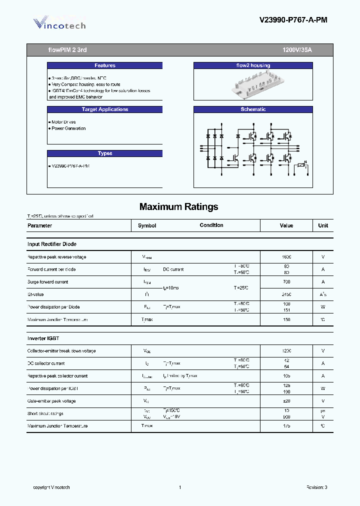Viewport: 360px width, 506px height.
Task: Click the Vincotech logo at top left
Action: point(59,23)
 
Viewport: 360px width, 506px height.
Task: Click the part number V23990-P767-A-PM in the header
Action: point(293,20)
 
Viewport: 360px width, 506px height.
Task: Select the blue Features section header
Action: point(105,65)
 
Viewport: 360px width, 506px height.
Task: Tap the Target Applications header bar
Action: point(105,109)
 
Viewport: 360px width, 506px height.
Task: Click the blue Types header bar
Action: point(105,153)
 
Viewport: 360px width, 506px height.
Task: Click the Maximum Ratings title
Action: point(179,206)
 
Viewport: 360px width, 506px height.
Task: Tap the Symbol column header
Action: point(147,225)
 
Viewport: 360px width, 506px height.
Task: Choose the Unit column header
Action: point(323,225)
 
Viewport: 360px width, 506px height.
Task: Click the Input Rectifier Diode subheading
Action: point(52,244)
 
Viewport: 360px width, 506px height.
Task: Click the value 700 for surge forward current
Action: point(286,282)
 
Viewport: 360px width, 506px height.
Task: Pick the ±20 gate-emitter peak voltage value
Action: point(286,401)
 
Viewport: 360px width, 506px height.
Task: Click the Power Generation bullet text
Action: point(68,128)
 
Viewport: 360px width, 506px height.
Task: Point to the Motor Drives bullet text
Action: point(63,122)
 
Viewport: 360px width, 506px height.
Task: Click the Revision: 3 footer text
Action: point(317,487)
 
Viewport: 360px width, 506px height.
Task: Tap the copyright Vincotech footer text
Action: point(51,487)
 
